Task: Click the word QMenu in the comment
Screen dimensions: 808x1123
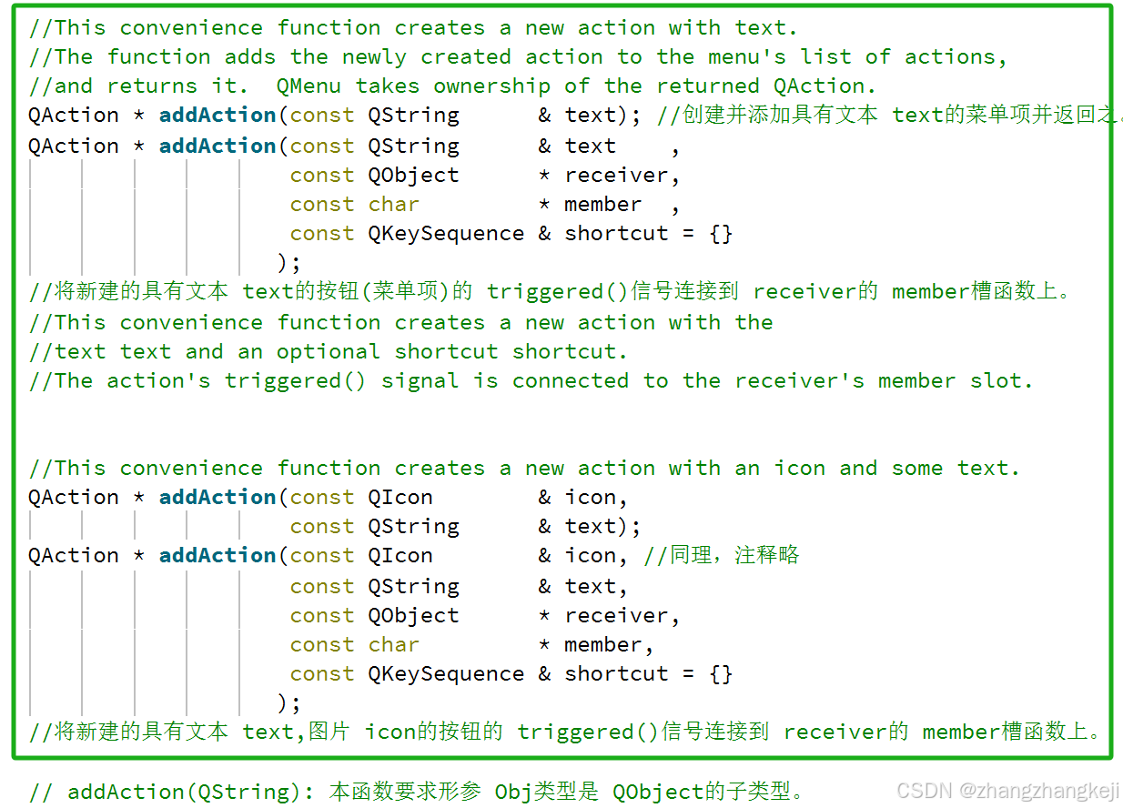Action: tap(309, 86)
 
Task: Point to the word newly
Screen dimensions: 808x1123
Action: tap(374, 57)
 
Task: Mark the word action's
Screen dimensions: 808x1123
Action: tap(158, 381)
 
